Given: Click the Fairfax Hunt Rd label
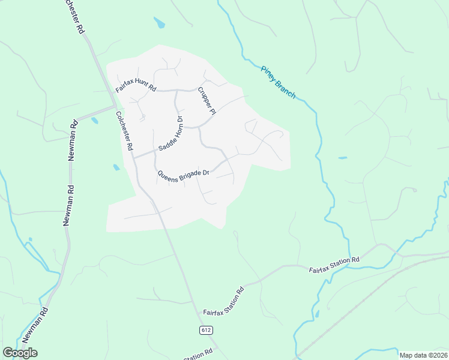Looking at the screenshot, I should pyautogui.click(x=136, y=86).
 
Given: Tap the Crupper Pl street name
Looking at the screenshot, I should pyautogui.click(x=206, y=100).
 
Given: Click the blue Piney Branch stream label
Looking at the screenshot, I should pyautogui.click(x=277, y=82).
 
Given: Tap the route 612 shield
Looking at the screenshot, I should pyautogui.click(x=205, y=330).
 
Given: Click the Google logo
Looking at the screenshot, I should pyautogui.click(x=20, y=353).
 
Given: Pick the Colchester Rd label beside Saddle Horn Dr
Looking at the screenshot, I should pyautogui.click(x=125, y=131).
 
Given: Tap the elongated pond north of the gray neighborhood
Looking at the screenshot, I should pyautogui.click(x=159, y=23).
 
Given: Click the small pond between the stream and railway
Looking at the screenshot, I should pyautogui.click(x=317, y=313).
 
